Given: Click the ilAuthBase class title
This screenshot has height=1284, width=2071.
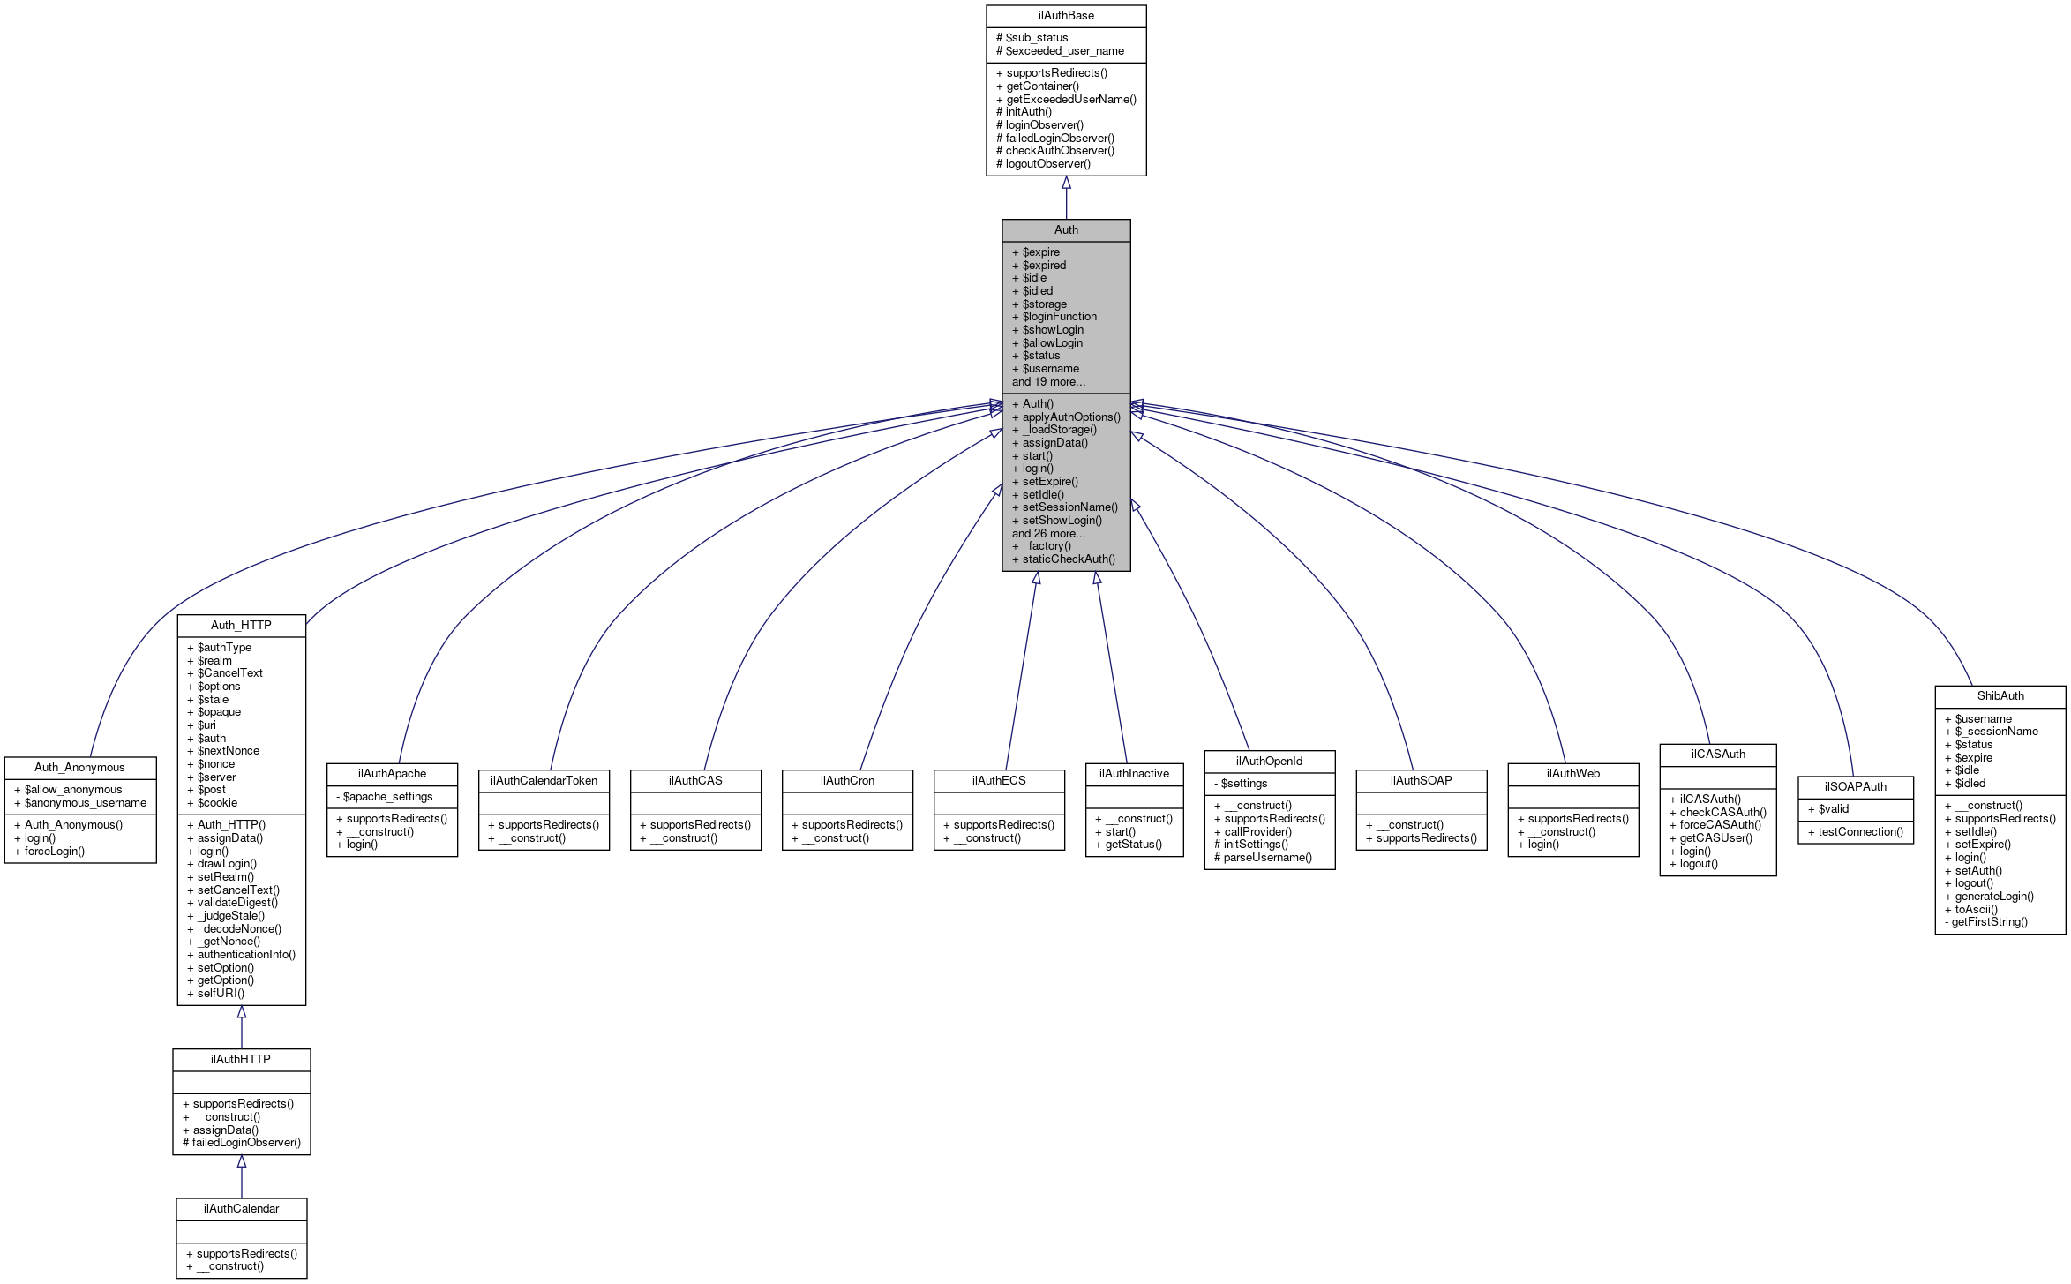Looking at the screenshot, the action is (x=1066, y=16).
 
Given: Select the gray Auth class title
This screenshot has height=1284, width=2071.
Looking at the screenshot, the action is (x=1066, y=230).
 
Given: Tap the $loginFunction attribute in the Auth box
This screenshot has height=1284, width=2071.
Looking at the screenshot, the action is (x=1059, y=317).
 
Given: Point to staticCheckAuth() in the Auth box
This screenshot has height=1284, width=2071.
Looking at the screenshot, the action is (x=1068, y=559).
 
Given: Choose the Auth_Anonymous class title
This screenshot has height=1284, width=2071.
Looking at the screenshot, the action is (x=79, y=768).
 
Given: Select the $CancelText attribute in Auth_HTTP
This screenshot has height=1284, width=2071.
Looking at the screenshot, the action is (x=229, y=673).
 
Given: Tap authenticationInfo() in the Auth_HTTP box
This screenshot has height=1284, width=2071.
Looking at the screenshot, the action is (x=246, y=955).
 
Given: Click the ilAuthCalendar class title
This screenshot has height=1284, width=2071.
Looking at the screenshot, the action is (x=241, y=1209).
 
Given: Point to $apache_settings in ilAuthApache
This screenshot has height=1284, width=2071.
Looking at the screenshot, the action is (x=387, y=797).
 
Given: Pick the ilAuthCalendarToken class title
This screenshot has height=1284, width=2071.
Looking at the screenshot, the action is (x=544, y=781).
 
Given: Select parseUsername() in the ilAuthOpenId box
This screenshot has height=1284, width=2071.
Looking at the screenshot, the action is (x=1267, y=858).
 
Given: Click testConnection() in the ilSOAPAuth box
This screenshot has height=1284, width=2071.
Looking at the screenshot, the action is (x=1860, y=832).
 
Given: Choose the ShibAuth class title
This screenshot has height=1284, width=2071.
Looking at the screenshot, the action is (x=2000, y=696).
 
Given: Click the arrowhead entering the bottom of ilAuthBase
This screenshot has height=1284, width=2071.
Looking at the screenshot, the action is (x=1066, y=183).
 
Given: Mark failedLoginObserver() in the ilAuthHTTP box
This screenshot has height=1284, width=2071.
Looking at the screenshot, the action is (x=246, y=1143).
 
